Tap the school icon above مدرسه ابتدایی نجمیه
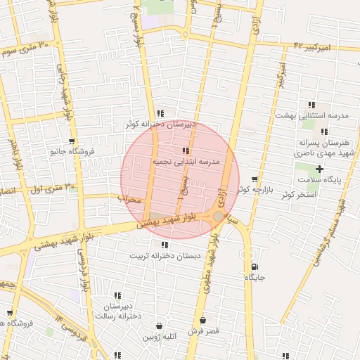186,150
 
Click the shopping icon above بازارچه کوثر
255,179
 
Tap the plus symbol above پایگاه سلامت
320,169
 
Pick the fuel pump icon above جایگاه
254,266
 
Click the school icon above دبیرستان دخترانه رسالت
117,295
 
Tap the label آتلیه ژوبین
162,337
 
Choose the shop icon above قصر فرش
204,319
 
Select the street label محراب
130,200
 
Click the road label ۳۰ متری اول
44,188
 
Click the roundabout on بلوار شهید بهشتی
219,217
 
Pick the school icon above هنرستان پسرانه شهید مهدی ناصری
323,131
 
